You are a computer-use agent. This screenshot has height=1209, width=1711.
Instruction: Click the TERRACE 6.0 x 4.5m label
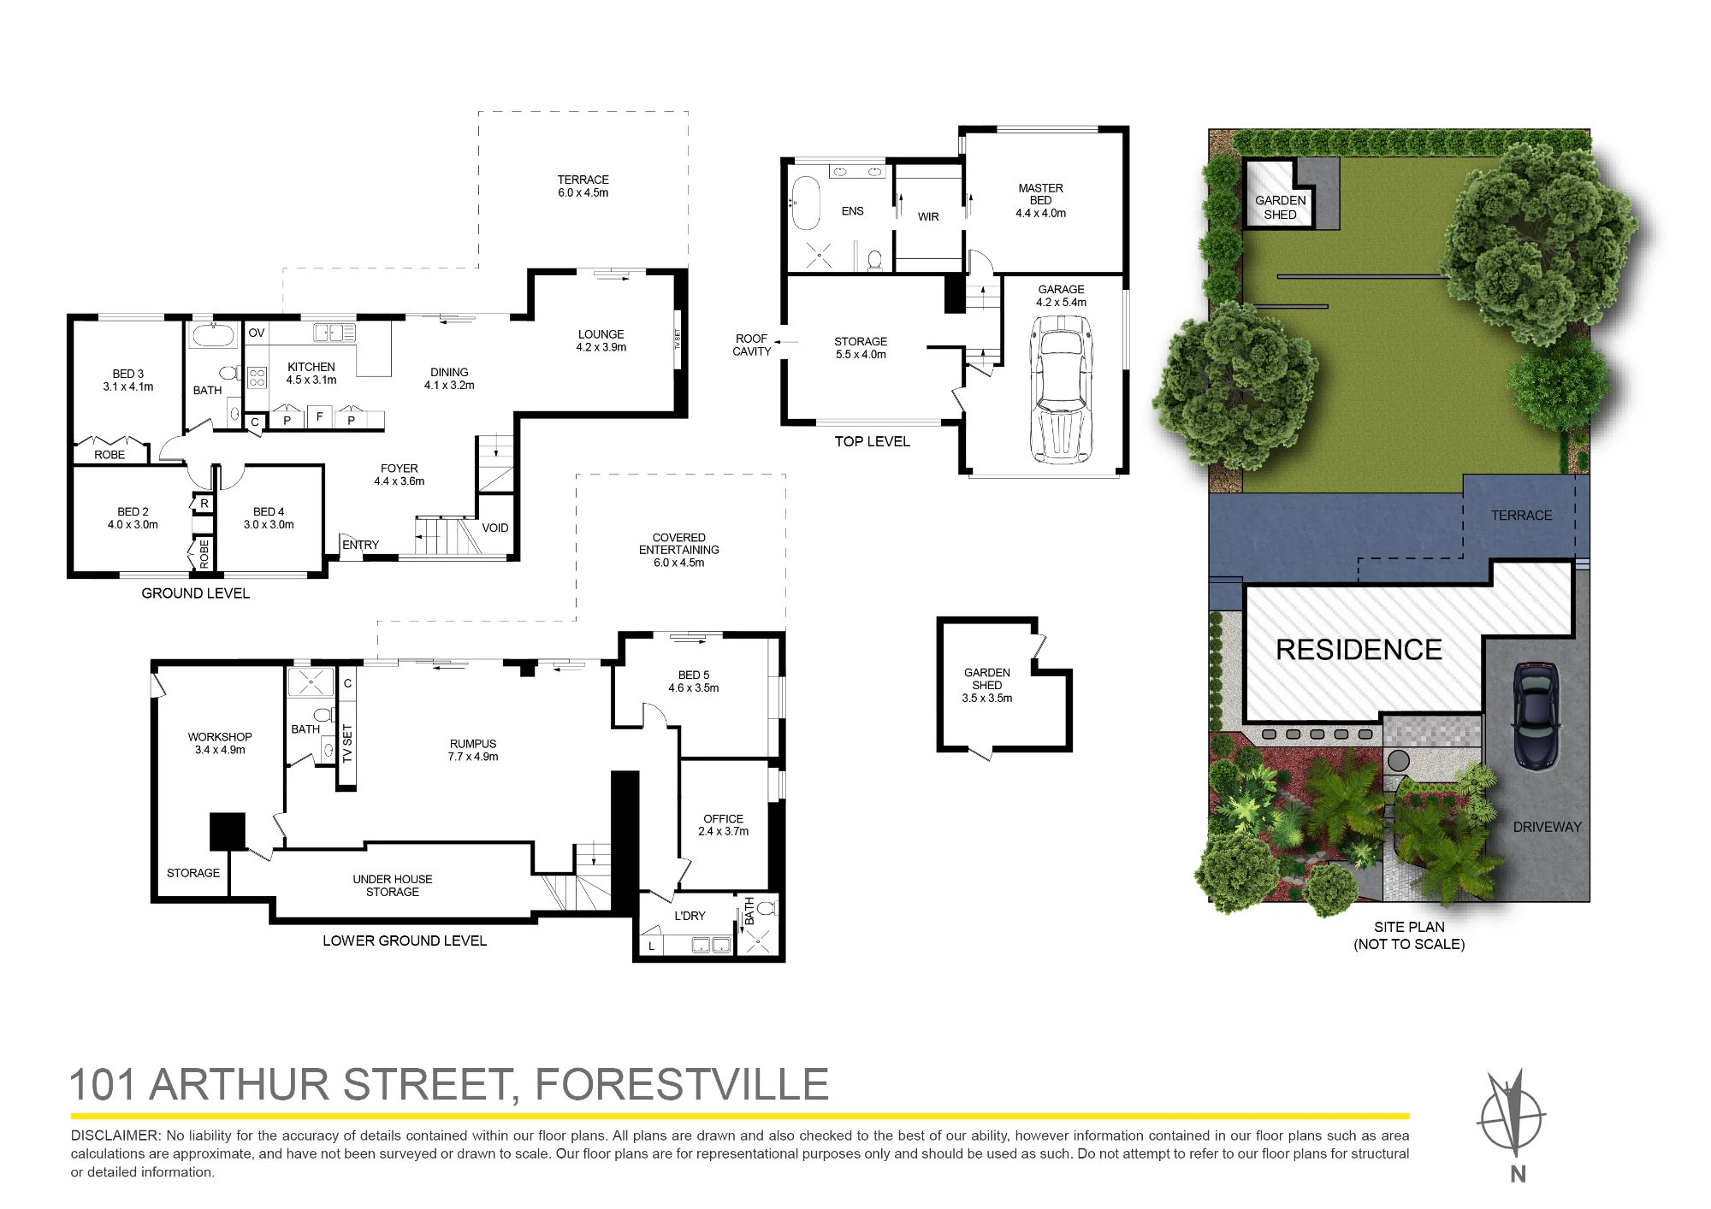583,186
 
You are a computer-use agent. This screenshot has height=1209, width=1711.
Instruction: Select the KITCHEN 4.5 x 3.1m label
311,374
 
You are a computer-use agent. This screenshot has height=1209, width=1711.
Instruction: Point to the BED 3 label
128,374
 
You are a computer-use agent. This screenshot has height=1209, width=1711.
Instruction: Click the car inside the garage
1062,389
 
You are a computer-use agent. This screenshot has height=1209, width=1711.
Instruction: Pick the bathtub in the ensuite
806,203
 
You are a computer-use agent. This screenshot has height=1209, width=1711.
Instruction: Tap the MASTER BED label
1041,194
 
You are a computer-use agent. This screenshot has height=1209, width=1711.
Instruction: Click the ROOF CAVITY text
752,345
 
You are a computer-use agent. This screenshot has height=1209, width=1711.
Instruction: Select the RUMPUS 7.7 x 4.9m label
473,750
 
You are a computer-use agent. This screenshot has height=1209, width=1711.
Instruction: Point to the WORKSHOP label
220,737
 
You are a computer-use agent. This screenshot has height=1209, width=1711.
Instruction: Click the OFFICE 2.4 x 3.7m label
723,825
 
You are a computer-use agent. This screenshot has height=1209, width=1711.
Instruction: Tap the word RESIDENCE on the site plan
1359,650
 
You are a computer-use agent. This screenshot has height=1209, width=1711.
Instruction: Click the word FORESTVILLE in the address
682,1084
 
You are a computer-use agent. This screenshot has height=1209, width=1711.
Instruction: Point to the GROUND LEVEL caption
196,593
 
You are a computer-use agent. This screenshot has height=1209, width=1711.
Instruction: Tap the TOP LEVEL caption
873,441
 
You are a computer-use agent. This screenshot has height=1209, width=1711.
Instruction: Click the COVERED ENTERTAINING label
679,544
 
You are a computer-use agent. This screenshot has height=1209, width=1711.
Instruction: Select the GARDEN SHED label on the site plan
1281,207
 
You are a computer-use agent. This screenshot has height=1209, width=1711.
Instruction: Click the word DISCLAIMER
115,1135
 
